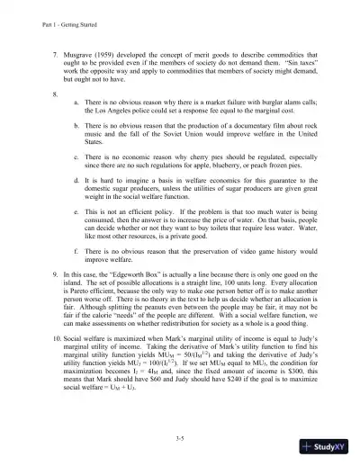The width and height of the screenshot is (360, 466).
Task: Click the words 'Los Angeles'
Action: pyautogui.click(x=112, y=115)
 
